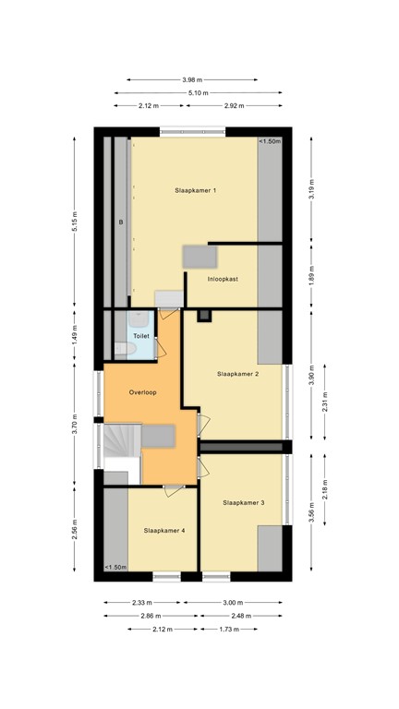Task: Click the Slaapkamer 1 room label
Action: [196, 190]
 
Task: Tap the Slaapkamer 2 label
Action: [237, 374]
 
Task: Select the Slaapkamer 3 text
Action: [244, 502]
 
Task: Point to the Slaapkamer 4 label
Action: [164, 531]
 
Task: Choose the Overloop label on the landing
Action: [142, 392]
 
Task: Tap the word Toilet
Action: [141, 336]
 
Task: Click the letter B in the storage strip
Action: [120, 222]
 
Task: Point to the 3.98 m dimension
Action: [196, 78]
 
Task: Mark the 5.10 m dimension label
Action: [196, 92]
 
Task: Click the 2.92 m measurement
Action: [234, 106]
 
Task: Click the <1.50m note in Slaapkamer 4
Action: [115, 567]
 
